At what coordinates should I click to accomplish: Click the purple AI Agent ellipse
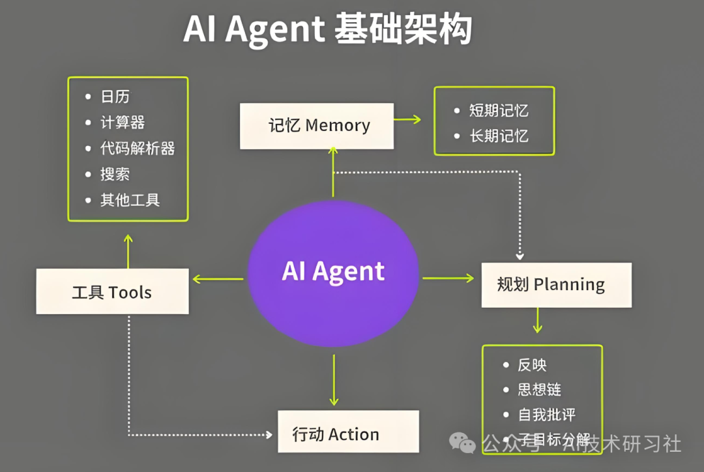point(333,273)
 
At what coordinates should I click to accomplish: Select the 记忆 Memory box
point(317,126)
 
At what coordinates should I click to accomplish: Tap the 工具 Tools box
point(112,292)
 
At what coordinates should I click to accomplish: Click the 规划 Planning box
point(556,285)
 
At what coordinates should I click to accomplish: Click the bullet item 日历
point(115,97)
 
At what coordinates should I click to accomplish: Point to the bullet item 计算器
point(122,123)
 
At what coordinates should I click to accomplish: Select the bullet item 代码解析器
point(137,148)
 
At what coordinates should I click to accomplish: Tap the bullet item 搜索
point(115,174)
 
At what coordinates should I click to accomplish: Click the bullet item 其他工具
point(129,199)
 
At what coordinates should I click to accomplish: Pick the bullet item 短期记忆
point(499,110)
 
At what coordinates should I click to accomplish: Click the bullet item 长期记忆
point(499,136)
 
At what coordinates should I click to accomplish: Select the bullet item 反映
point(532,365)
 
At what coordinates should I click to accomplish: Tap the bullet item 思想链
point(539,390)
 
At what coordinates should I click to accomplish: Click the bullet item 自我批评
point(546,415)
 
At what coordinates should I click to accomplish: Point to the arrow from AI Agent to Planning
point(448,278)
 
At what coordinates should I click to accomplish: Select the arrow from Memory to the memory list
point(408,119)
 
